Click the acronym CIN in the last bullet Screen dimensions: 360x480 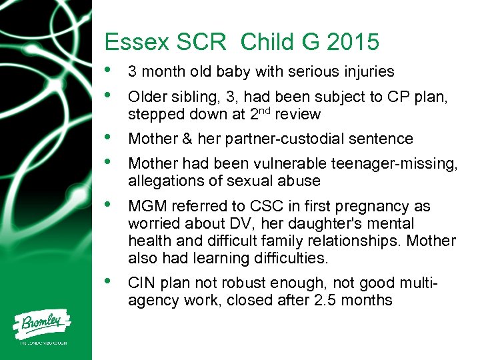141,283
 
